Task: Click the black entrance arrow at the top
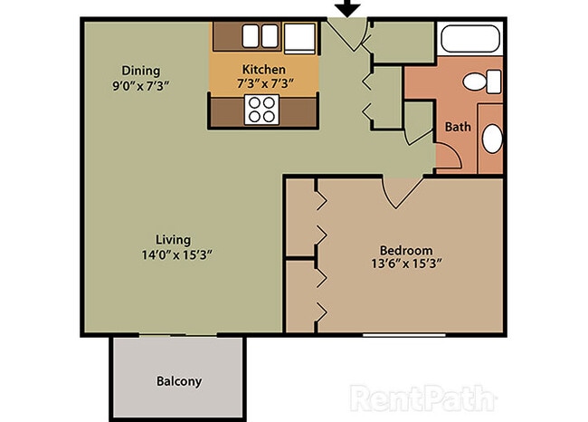pyautogui.click(x=347, y=8)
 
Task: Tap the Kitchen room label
pyautogui.click(x=264, y=69)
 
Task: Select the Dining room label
pyautogui.click(x=141, y=70)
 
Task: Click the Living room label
pyautogui.click(x=172, y=239)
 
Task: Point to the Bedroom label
pyautogui.click(x=405, y=250)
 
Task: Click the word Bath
pyautogui.click(x=458, y=127)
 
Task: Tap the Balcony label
pyautogui.click(x=178, y=381)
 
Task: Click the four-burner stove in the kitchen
pyautogui.click(x=262, y=110)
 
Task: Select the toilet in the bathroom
pyautogui.click(x=480, y=82)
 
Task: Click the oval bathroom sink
pyautogui.click(x=491, y=139)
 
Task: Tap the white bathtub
pyautogui.click(x=469, y=41)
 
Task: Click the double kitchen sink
pyautogui.click(x=261, y=36)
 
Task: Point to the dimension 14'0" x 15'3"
pyautogui.click(x=172, y=254)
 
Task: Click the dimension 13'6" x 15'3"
pyautogui.click(x=405, y=264)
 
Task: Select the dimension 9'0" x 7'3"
pyautogui.click(x=141, y=85)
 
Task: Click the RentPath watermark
pyautogui.click(x=423, y=398)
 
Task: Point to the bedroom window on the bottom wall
pyautogui.click(x=404, y=335)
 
